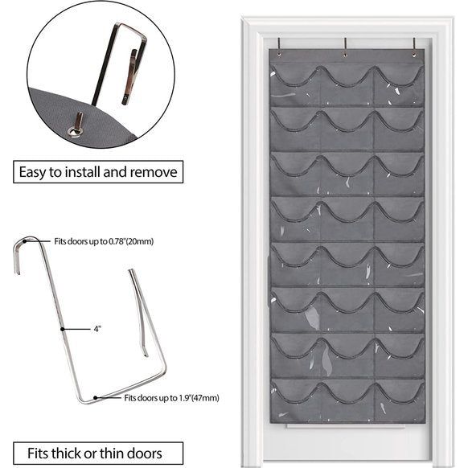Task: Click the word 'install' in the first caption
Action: coord(83,172)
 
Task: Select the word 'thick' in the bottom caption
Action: coord(66,453)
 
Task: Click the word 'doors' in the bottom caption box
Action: coord(145,453)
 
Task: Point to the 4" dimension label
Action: coord(97,329)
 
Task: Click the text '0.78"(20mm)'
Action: coord(130,241)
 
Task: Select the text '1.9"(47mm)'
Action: coord(199,398)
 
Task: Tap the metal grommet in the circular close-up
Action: coord(73,131)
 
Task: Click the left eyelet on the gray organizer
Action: coord(279,55)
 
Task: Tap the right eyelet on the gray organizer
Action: coord(414,55)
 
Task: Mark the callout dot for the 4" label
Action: coord(63,329)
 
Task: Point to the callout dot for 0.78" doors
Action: coord(25,241)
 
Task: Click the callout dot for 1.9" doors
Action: coord(95,398)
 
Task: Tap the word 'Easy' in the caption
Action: coord(32,173)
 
